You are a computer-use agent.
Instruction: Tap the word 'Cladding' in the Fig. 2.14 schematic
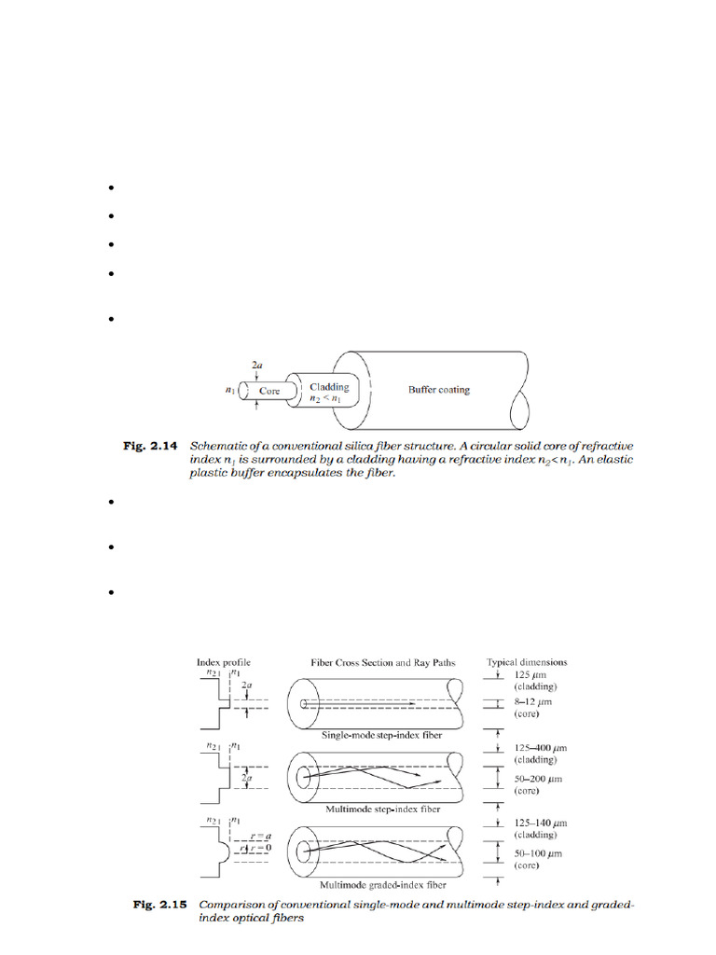pos(329,387)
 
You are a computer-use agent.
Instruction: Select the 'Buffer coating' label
pos(438,390)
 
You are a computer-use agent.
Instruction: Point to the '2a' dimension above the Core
pos(256,369)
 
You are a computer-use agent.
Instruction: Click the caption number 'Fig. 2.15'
pos(155,905)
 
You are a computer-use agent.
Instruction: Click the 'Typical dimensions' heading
pos(527,662)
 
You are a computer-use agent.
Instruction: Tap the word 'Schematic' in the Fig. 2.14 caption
pos(231,447)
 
